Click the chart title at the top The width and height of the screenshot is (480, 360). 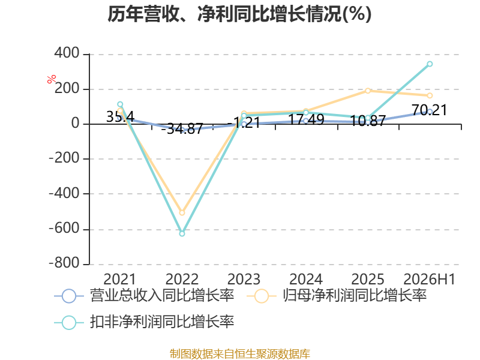[239, 14]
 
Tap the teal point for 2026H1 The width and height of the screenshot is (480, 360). [430, 64]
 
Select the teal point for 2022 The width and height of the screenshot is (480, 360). [182, 233]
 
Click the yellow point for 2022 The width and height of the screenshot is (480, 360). [182, 213]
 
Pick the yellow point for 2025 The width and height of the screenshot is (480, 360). [368, 91]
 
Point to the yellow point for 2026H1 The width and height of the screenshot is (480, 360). [430, 95]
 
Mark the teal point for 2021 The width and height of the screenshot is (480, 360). [120, 104]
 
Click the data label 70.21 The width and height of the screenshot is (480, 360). [429, 110]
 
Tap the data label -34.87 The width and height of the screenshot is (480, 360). [182, 128]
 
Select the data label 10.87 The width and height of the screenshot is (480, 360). [367, 121]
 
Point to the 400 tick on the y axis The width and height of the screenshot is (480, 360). [67, 53]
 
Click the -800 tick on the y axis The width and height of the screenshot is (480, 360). [64, 263]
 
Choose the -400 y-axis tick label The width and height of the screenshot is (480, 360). [64, 193]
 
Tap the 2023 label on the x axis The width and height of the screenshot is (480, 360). [244, 279]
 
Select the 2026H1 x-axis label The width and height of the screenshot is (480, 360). [430, 279]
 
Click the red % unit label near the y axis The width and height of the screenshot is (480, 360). [52, 79]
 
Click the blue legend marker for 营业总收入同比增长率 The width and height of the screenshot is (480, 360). [69, 296]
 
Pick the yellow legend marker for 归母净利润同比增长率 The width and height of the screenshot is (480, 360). [261, 296]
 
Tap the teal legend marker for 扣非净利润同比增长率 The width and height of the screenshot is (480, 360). [69, 322]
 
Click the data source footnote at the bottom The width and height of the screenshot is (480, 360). [240, 354]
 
